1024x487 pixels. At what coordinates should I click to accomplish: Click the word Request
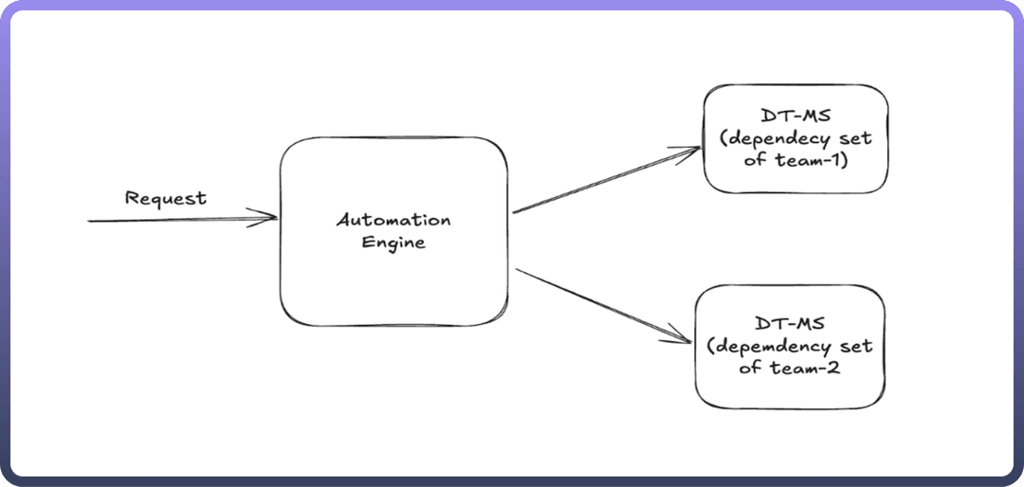(x=166, y=199)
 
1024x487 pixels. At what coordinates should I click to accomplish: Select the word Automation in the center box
(x=393, y=220)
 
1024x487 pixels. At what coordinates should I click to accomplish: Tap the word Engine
(x=393, y=243)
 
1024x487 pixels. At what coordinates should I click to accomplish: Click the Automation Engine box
(x=393, y=284)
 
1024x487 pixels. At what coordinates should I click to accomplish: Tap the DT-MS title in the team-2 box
(x=791, y=324)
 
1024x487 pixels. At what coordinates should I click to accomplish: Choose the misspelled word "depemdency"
(x=770, y=346)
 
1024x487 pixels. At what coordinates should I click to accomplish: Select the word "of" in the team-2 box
(x=750, y=368)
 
